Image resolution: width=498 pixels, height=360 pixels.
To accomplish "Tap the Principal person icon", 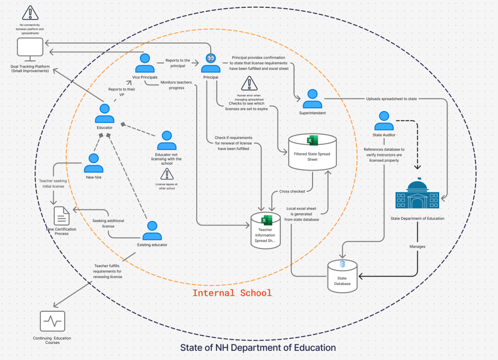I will pos(211,63).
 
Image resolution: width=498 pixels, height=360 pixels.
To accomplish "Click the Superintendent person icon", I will pos(312,99).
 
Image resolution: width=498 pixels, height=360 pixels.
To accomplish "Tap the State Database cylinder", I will pos(342,276).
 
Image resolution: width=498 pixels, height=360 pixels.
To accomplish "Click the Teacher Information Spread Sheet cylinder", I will pos(265,231).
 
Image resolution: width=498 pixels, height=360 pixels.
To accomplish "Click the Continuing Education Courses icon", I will pos(53,322).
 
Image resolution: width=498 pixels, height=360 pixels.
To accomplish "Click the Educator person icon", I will pos(105,114).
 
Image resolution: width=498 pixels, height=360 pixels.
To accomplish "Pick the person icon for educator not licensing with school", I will pos(166,140).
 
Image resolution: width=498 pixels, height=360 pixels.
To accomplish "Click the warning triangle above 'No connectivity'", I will pos(30,13).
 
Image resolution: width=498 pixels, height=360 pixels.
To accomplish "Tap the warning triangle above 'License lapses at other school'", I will pos(167,174).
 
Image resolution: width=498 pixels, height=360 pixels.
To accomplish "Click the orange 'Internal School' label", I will pos(232,293).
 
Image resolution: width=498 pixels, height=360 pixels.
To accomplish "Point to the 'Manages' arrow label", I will pos(417,246).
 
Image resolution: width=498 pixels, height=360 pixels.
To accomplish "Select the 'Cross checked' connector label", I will pos(292,191).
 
